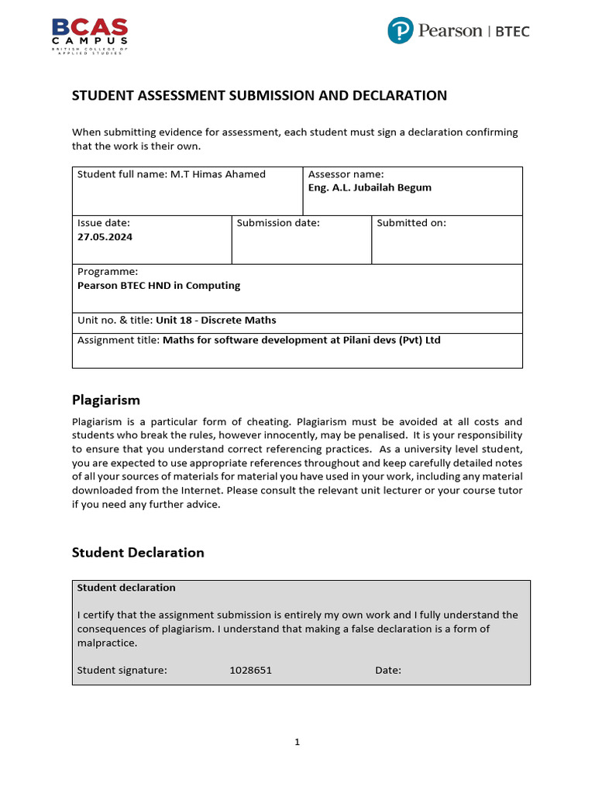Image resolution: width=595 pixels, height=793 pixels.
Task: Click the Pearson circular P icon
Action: [400, 31]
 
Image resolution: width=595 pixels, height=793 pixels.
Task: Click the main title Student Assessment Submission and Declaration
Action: [260, 95]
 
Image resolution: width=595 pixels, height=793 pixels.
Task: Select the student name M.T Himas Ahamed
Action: [218, 174]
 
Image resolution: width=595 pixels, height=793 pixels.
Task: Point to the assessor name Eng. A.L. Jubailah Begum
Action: [370, 187]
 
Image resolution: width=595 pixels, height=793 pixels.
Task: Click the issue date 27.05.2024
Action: [105, 237]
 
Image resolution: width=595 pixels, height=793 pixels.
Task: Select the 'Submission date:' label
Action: [278, 223]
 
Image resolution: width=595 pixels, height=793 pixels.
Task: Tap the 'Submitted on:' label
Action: [411, 223]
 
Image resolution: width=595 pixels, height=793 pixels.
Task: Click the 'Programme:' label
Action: [108, 272]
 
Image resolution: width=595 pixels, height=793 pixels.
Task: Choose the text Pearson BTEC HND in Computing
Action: [159, 285]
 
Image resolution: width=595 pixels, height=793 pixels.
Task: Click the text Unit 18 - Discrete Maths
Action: [215, 320]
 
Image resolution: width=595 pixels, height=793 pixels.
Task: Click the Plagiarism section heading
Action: [106, 400]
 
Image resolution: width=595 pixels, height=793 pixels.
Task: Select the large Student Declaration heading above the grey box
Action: [138, 552]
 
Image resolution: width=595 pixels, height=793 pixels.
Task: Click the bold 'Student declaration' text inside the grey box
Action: [126, 588]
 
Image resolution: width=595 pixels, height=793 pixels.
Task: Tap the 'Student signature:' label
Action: [122, 670]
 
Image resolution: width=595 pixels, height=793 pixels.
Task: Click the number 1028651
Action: [250, 670]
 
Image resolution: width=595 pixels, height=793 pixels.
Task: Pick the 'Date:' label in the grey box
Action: [388, 670]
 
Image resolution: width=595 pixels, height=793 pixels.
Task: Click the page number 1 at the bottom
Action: [297, 742]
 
